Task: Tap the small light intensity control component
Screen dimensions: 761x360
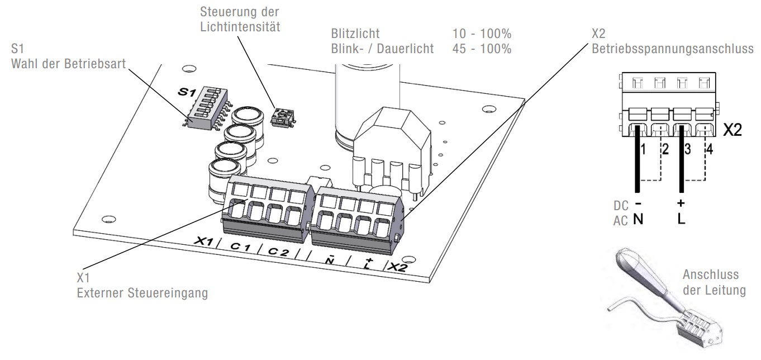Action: point(283,117)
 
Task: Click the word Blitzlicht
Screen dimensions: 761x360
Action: point(355,34)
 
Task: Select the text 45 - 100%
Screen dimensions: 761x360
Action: point(482,49)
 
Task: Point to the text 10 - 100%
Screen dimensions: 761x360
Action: point(482,34)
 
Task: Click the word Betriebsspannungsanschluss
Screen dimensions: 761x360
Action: point(672,49)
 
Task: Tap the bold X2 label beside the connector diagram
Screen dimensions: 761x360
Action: point(732,130)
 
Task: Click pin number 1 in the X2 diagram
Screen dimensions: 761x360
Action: point(643,149)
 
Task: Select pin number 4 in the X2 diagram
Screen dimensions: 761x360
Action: point(710,149)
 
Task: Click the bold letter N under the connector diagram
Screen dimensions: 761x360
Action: point(638,219)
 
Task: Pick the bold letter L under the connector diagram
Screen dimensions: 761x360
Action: point(681,219)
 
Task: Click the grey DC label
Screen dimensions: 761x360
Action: point(621,206)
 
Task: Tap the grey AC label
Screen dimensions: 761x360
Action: point(621,221)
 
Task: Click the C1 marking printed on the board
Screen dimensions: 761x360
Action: point(240,246)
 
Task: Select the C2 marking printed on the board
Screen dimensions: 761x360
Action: point(279,251)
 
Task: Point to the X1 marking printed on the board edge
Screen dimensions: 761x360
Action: point(204,241)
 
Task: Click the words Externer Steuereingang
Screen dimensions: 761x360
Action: point(142,293)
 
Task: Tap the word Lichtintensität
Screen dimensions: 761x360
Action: point(240,26)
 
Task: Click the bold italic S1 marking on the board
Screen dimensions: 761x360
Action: point(187,92)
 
